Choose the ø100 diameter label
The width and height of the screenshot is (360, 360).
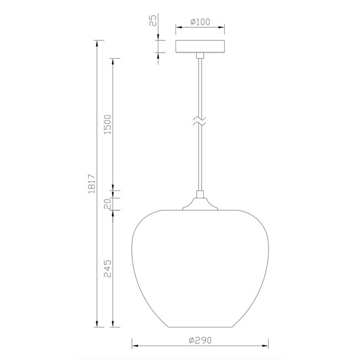(199, 22)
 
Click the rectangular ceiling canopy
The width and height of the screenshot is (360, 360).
(199, 46)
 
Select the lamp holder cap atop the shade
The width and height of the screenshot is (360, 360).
(199, 202)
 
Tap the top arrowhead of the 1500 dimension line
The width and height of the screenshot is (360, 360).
(114, 61)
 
